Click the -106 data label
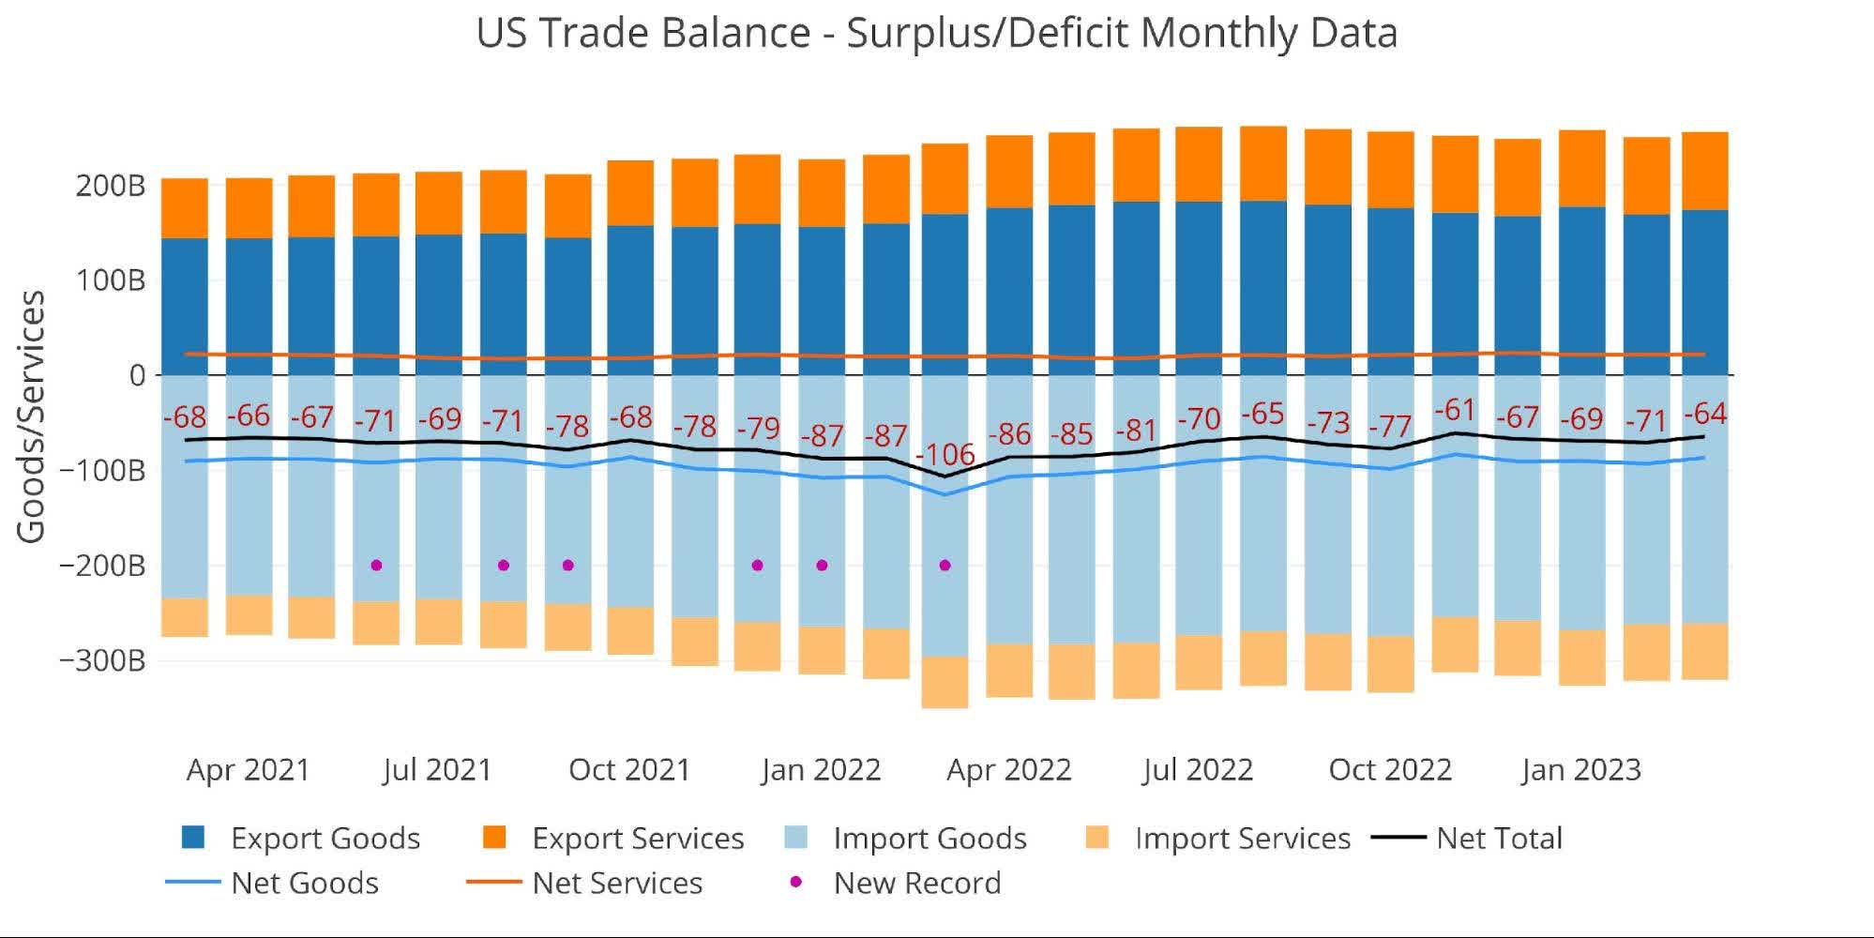coord(945,455)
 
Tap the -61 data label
coord(1455,410)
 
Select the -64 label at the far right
coord(1705,414)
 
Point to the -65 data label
coord(1262,414)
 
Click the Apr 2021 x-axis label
coord(248,770)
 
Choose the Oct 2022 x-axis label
coord(1390,770)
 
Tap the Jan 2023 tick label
coord(1581,770)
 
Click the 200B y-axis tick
coord(111,186)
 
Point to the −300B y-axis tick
coord(102,660)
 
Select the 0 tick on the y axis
coord(138,375)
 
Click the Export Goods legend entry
coord(325,838)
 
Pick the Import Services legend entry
coord(1242,838)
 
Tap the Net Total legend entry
coord(1498,838)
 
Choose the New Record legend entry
coord(916,883)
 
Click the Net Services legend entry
coord(616,883)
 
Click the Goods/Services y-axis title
coord(31,416)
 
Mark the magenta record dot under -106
coord(945,566)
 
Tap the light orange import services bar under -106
coord(945,682)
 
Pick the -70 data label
coord(1199,418)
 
